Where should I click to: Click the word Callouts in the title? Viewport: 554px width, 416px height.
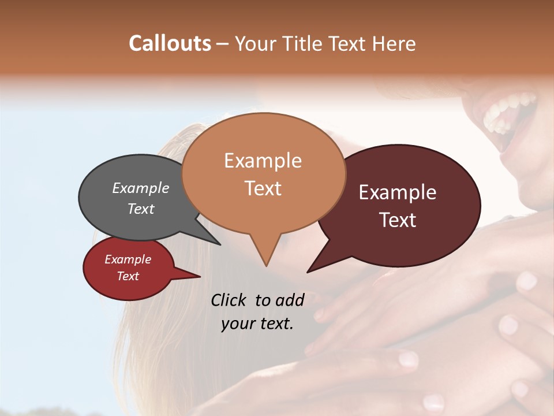click(170, 43)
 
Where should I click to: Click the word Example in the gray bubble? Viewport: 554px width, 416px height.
click(141, 188)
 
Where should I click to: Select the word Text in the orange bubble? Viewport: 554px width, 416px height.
click(263, 188)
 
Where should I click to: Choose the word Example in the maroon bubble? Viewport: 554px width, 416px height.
click(398, 192)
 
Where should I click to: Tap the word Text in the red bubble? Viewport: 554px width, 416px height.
click(128, 276)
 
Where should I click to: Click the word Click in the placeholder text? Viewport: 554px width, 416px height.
click(229, 300)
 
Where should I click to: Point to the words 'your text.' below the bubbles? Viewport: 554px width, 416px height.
click(257, 324)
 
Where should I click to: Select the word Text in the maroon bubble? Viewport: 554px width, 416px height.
click(398, 220)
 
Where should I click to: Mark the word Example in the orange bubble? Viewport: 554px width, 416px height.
click(263, 161)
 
